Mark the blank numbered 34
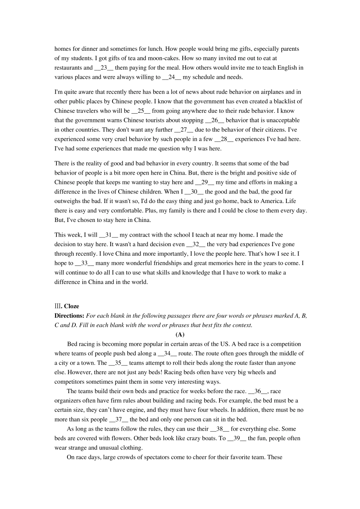167,353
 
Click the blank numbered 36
258,391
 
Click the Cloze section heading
71,306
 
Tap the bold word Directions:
69,316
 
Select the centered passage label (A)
180,334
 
